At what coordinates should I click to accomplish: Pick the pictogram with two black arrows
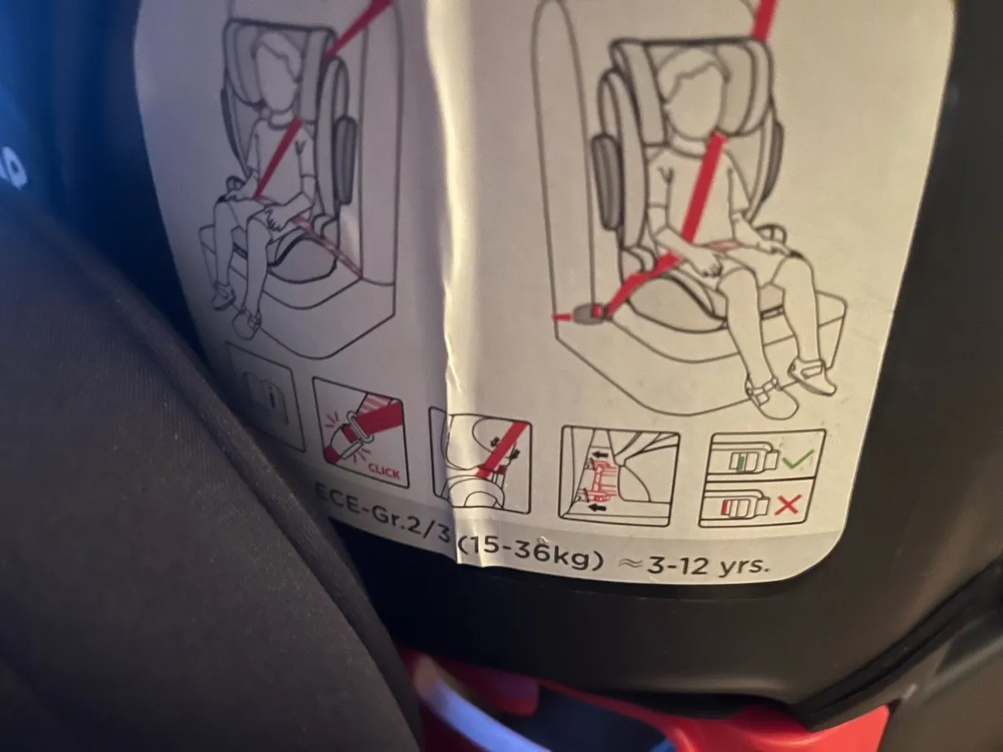coord(619,476)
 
